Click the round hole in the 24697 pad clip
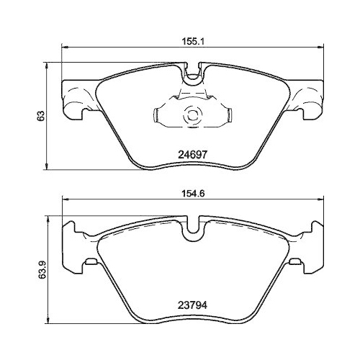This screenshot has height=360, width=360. (192, 113)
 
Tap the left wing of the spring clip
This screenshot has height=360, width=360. (163, 114)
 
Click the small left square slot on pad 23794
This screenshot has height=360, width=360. (91, 261)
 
